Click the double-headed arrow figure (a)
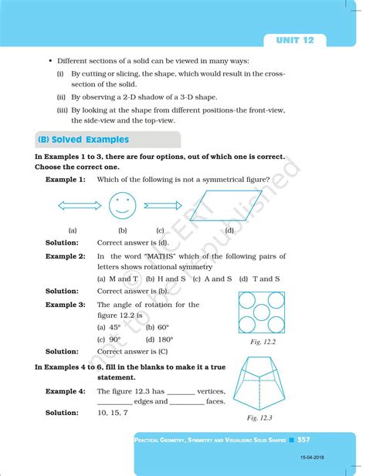coord(73,207)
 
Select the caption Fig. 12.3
coord(261,417)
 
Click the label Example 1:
coord(66,179)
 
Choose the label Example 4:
coord(66,391)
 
